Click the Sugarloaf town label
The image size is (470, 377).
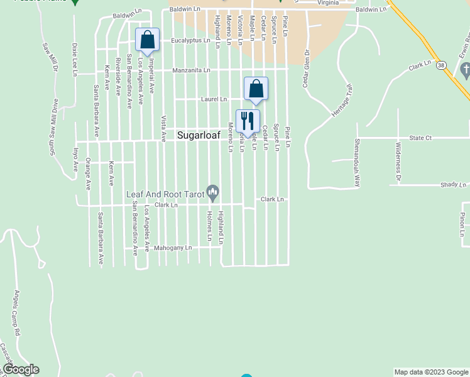[201, 134]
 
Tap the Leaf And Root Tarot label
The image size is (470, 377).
[166, 194]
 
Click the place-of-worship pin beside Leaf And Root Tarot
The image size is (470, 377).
[213, 193]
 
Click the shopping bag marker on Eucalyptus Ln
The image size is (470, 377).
[147, 40]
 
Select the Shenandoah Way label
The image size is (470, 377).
[358, 163]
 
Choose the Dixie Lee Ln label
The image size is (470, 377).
[74, 60]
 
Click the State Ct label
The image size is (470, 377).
[420, 137]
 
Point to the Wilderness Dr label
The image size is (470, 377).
[398, 163]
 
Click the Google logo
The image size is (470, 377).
[21, 369]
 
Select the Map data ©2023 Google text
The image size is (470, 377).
[431, 372]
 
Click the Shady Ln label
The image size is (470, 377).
[454, 185]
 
